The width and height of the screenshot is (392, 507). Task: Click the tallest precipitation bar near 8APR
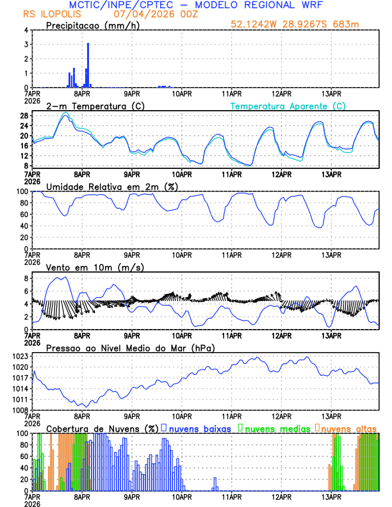(x=88, y=65)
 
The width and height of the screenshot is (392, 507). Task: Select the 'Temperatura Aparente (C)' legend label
(x=288, y=106)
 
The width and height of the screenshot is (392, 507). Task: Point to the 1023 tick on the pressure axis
(x=20, y=356)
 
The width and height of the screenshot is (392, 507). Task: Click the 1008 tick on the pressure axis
(x=20, y=410)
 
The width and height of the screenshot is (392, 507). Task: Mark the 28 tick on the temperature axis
(x=24, y=116)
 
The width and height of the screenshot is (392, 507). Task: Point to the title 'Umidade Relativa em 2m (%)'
(x=110, y=186)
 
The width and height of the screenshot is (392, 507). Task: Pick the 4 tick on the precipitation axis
(x=26, y=30)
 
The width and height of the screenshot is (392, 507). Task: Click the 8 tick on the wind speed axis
(x=26, y=278)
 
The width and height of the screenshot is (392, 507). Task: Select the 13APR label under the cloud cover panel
(x=331, y=496)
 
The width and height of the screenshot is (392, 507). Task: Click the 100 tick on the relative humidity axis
(x=21, y=191)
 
